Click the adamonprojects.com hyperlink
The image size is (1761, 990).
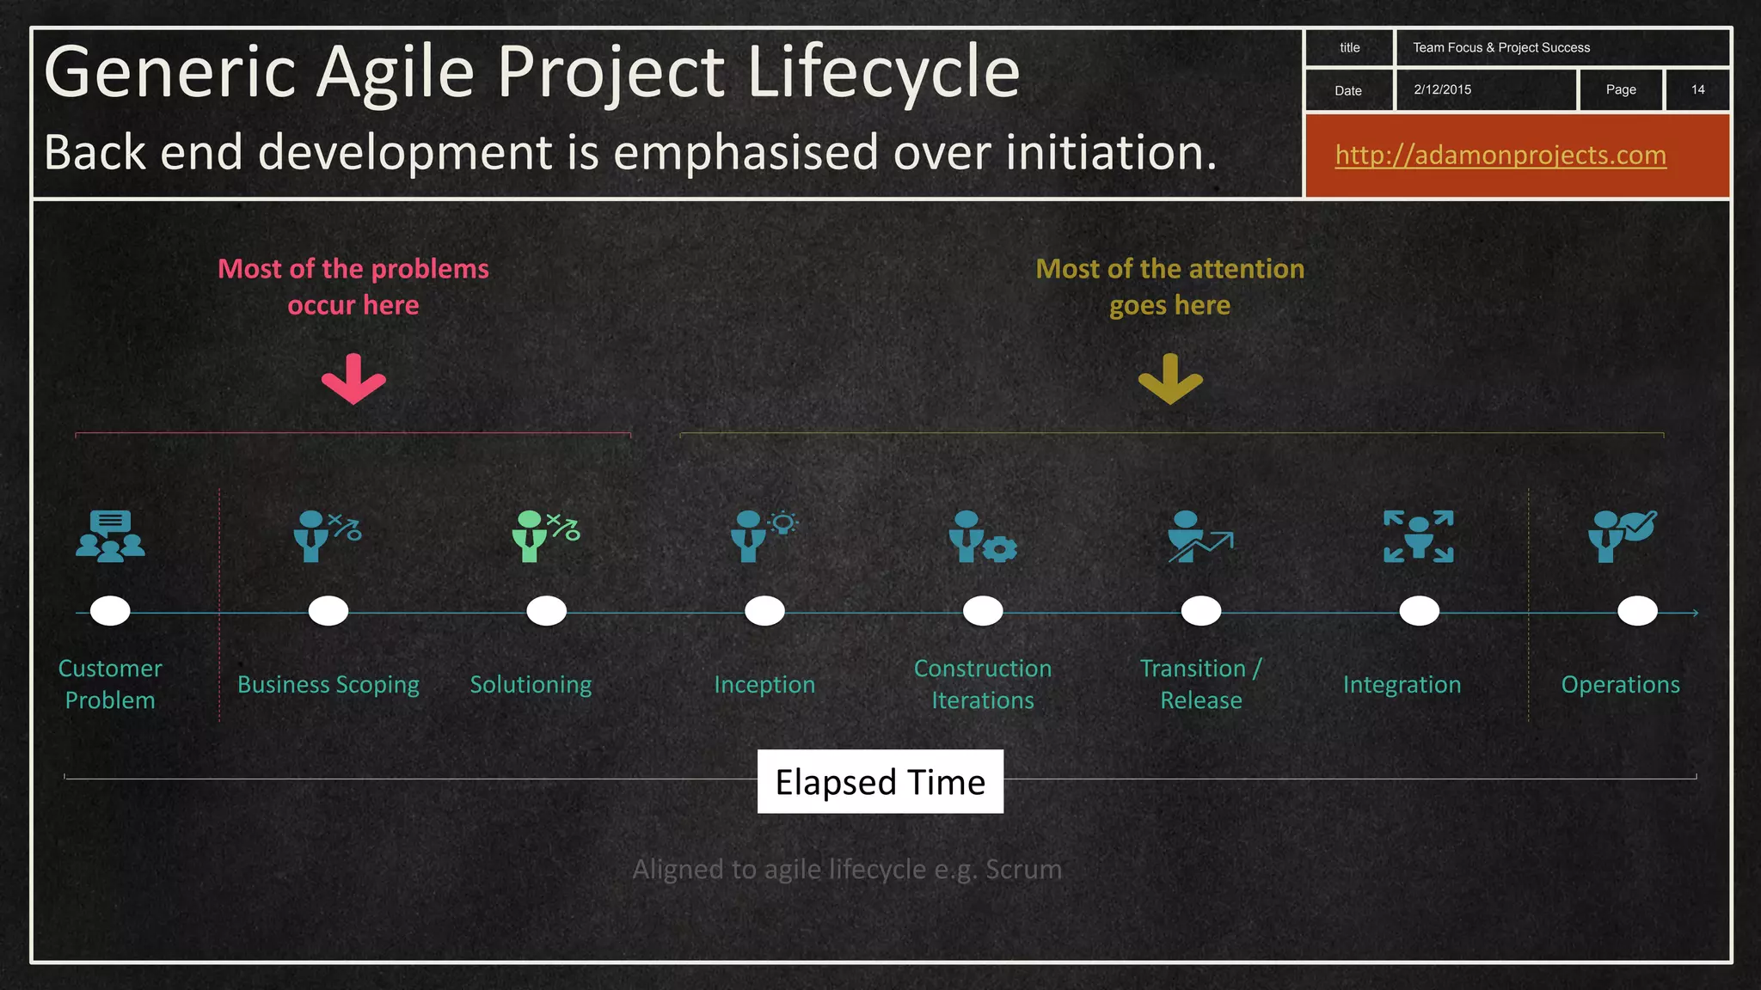pyautogui.click(x=1500, y=155)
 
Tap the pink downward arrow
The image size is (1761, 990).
pyautogui.click(x=353, y=379)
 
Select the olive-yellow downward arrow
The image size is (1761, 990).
pyautogui.click(x=1170, y=379)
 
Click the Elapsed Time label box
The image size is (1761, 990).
pyautogui.click(x=880, y=781)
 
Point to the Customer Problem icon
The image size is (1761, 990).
pyautogui.click(x=110, y=536)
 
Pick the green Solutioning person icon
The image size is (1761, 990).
pyautogui.click(x=545, y=536)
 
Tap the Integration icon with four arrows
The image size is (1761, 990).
pyautogui.click(x=1419, y=536)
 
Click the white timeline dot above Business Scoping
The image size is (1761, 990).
pyautogui.click(x=328, y=611)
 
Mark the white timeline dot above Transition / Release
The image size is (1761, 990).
pyautogui.click(x=1201, y=611)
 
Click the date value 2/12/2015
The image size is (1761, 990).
pyautogui.click(x=1442, y=89)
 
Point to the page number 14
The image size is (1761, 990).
pyautogui.click(x=1697, y=89)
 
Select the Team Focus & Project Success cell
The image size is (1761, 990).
pyautogui.click(x=1501, y=47)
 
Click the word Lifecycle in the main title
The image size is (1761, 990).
pyautogui.click(x=883, y=73)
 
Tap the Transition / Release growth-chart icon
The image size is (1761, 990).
pyautogui.click(x=1200, y=536)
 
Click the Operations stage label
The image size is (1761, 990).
pyautogui.click(x=1620, y=685)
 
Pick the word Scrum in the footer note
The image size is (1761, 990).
pyautogui.click(x=1023, y=870)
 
